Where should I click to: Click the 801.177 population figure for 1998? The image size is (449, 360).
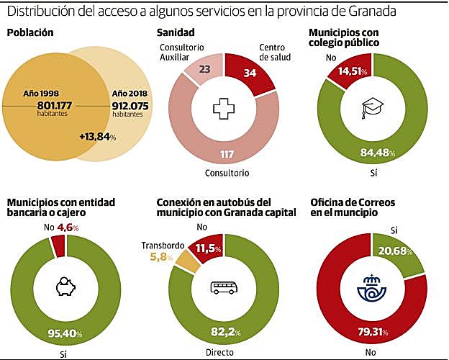click(x=58, y=105)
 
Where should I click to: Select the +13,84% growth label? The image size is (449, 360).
click(x=98, y=137)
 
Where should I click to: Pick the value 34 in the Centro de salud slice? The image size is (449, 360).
click(x=250, y=72)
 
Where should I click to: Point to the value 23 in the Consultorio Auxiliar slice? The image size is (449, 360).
click(x=204, y=70)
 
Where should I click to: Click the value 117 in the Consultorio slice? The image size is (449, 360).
click(x=227, y=155)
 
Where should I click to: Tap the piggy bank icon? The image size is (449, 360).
click(x=65, y=288)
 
